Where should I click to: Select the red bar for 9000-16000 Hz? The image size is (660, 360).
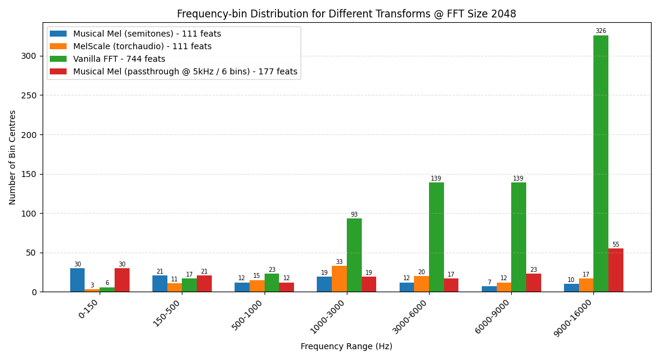(616, 270)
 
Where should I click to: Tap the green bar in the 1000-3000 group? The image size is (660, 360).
(354, 255)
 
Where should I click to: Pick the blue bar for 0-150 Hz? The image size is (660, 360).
(77, 280)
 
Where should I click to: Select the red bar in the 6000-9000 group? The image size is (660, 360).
(533, 283)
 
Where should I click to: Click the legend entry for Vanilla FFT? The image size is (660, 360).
(119, 59)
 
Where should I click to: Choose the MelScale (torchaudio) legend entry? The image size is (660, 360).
(142, 46)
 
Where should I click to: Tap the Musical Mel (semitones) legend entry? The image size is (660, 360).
(147, 34)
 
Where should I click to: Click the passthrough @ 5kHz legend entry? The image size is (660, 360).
(185, 71)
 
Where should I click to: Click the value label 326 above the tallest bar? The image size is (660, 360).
(601, 31)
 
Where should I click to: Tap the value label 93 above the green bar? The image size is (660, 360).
(354, 215)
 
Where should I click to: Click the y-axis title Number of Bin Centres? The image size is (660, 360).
(13, 157)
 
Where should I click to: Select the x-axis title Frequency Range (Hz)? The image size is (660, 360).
(346, 346)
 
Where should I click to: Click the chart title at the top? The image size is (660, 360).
(346, 14)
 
